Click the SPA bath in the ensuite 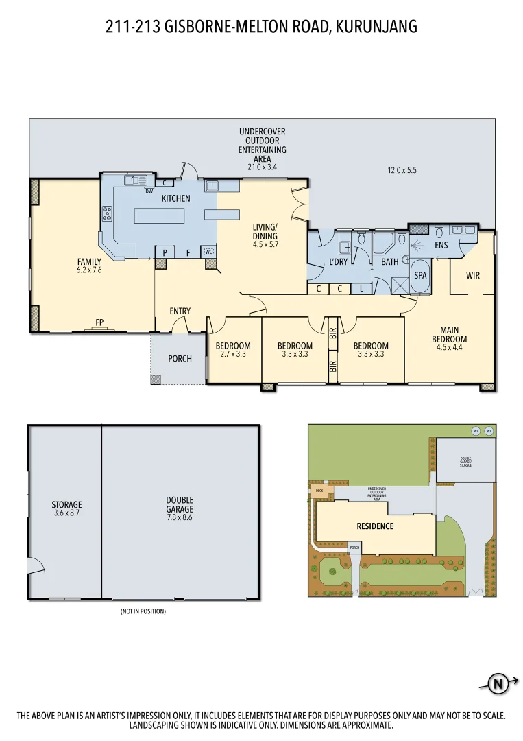click(420, 274)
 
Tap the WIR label click(473, 275)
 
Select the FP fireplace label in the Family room click(99, 321)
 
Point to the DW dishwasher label click(149, 191)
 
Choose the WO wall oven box click(210, 252)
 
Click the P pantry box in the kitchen click(165, 252)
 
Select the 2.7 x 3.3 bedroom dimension click(233, 355)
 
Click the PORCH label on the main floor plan click(180, 359)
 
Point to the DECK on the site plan click(319, 491)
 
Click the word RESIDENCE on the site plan click(375, 526)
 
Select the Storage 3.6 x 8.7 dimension click(66, 513)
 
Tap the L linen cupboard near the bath click(362, 289)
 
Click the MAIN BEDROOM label click(449, 335)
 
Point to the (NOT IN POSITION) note click(143, 611)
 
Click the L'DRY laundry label click(339, 261)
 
